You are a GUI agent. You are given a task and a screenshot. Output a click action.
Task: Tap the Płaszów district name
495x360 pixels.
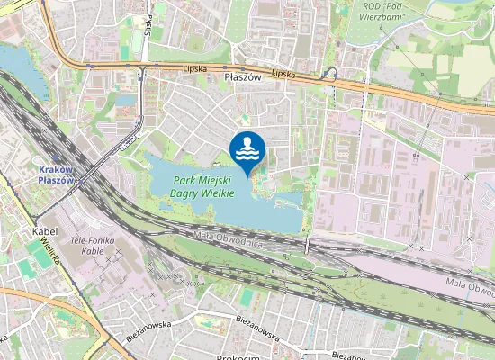241,79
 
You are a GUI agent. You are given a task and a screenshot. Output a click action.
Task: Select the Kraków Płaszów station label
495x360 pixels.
61,174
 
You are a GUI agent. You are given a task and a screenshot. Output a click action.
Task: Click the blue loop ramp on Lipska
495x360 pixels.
331,74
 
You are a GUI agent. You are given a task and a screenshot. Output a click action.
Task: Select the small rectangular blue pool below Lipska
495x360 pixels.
125,100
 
